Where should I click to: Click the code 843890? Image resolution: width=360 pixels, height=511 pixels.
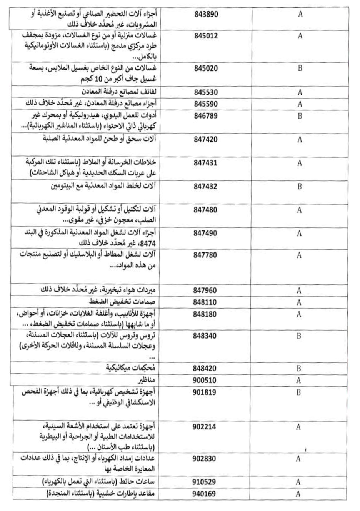point(206,15)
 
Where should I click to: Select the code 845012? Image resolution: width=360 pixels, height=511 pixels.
point(206,36)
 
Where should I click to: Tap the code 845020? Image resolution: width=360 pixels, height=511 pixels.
point(206,68)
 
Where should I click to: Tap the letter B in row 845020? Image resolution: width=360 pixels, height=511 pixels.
point(300,68)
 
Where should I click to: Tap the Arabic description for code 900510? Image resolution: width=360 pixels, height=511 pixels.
point(148,380)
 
